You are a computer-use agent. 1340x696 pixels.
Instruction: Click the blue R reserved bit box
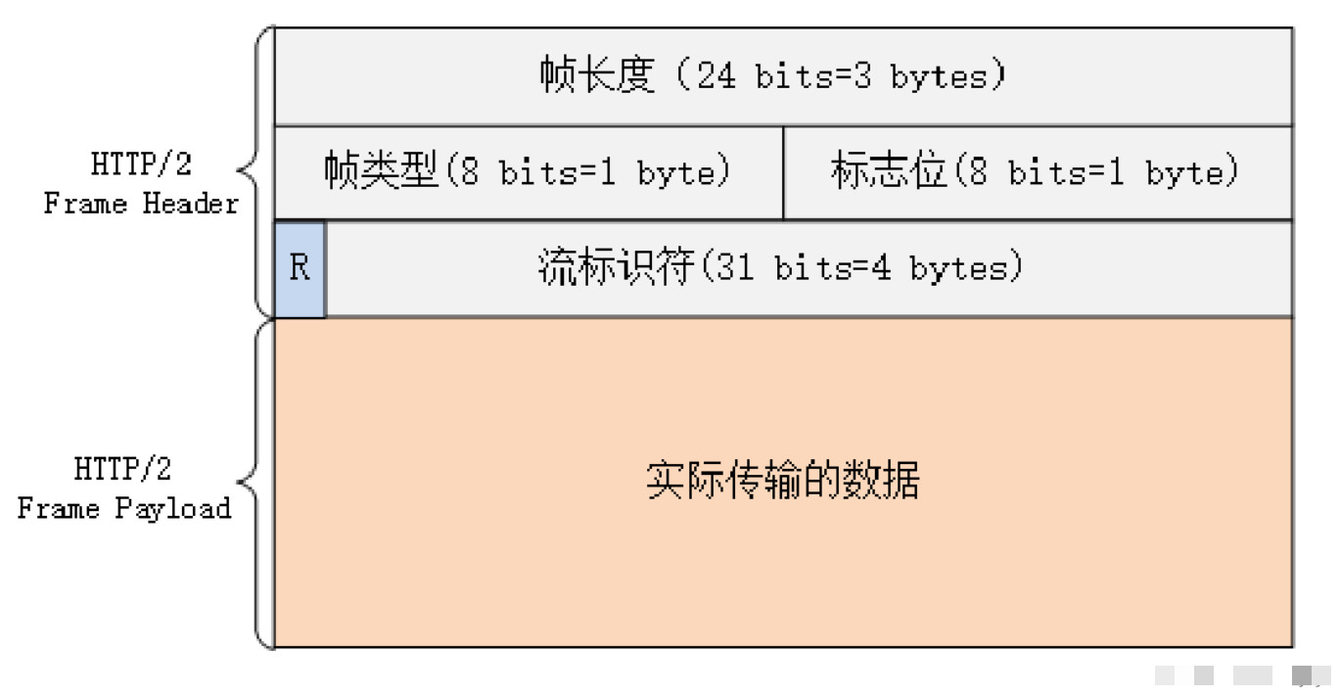tap(300, 268)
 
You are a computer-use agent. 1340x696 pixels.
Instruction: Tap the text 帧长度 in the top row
tap(596, 74)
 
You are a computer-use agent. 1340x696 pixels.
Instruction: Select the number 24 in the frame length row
tap(716, 76)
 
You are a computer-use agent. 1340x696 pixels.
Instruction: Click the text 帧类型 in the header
tap(381, 170)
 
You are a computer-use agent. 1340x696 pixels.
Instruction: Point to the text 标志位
tap(889, 170)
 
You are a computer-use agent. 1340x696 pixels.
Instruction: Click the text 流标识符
tap(616, 266)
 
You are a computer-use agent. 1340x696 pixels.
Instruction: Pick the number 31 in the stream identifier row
tap(734, 267)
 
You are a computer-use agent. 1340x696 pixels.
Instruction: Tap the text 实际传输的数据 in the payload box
tap(782, 480)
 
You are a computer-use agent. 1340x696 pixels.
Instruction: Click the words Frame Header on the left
tap(141, 204)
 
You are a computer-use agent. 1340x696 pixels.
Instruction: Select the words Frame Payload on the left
tap(124, 509)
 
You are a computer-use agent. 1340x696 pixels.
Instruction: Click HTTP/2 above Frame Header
tap(141, 163)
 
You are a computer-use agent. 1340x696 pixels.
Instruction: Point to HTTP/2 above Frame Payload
tap(122, 469)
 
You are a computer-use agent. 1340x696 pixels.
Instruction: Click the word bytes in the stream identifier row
tap(958, 268)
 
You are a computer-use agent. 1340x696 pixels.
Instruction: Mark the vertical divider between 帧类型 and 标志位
tap(783, 172)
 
